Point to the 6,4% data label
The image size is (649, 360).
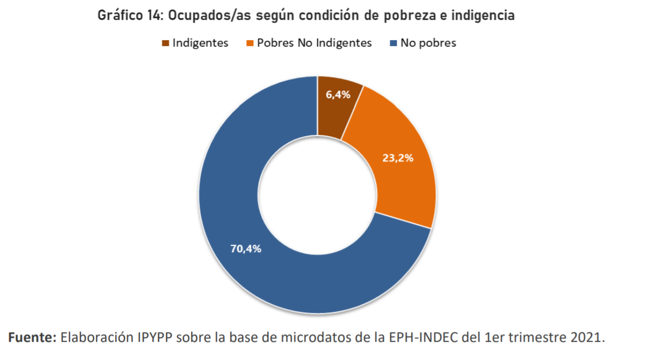338,95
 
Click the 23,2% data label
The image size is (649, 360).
398,158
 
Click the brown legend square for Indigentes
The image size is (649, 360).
165,43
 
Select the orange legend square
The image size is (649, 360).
250,43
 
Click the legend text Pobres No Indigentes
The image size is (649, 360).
314,43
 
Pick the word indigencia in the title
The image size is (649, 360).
482,16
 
